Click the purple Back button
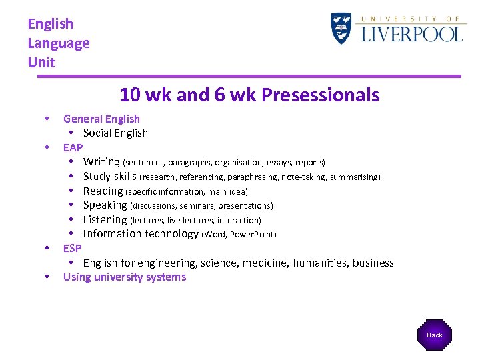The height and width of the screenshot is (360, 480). [x=435, y=335]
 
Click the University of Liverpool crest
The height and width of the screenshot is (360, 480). [x=341, y=29]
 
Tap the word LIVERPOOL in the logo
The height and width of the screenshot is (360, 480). [x=411, y=33]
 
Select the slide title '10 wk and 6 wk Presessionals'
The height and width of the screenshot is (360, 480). [x=249, y=95]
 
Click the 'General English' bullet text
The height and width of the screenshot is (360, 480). [x=101, y=119]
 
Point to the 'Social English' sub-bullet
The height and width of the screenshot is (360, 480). [x=115, y=133]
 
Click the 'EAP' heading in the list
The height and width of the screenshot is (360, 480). [x=73, y=147]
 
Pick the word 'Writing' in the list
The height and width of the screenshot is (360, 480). [x=101, y=161]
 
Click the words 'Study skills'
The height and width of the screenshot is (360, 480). [x=109, y=177]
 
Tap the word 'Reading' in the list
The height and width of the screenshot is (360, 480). [x=103, y=191]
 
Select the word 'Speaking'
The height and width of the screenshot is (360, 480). [x=105, y=205]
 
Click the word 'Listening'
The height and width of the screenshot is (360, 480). [x=105, y=219]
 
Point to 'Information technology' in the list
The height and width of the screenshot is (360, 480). [x=141, y=233]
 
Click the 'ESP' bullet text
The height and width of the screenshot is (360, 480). [x=72, y=248]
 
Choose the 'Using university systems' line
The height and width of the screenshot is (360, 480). [x=125, y=277]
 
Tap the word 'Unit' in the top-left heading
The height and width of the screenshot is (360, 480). [x=41, y=63]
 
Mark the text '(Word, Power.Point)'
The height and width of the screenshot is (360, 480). [x=239, y=234]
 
